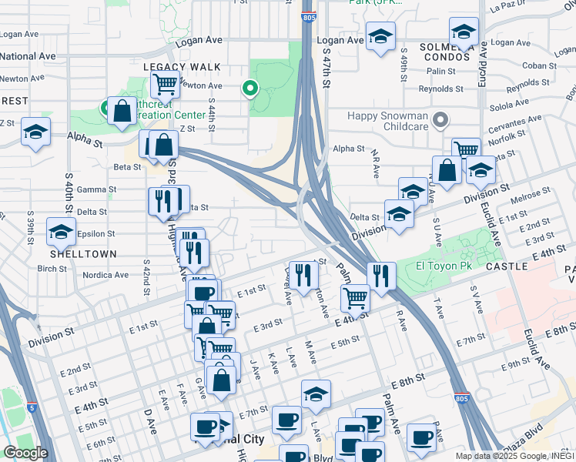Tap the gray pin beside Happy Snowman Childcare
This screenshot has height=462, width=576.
point(440,120)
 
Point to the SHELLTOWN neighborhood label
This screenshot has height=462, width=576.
point(83,254)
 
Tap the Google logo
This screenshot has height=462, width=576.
point(25,453)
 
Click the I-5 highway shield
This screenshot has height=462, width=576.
point(30,406)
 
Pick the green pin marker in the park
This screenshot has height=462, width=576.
point(249,89)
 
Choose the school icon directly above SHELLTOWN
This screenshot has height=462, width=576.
point(61,230)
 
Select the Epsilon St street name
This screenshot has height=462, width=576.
point(95,233)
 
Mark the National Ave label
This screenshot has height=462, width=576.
point(28,56)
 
